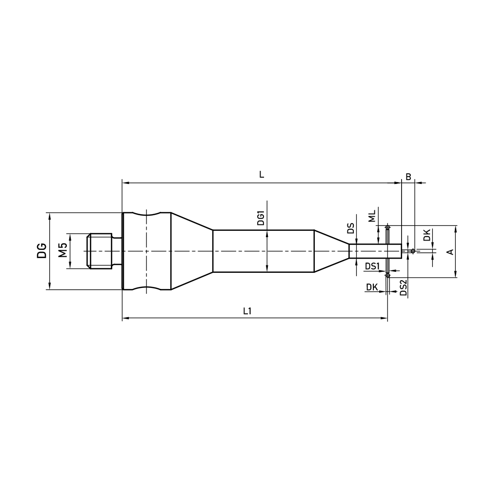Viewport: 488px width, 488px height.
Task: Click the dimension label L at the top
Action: point(262,175)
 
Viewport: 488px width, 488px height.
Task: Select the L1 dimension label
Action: point(247,311)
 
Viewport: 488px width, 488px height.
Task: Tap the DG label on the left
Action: point(42,251)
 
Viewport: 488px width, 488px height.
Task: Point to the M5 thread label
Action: point(62,251)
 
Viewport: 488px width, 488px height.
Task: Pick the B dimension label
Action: point(408,176)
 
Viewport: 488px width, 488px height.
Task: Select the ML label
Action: point(372,216)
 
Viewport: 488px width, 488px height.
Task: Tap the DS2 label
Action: point(403,288)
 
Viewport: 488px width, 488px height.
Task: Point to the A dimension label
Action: point(450,251)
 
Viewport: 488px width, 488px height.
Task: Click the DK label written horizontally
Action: point(372,288)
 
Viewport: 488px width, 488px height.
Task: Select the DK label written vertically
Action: point(427,235)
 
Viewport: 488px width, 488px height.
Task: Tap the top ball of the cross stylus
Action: point(387,227)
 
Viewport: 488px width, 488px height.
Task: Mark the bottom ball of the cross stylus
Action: point(387,276)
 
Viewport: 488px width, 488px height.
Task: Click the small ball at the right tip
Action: point(413,251)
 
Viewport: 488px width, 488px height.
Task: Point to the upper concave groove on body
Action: point(146,215)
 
